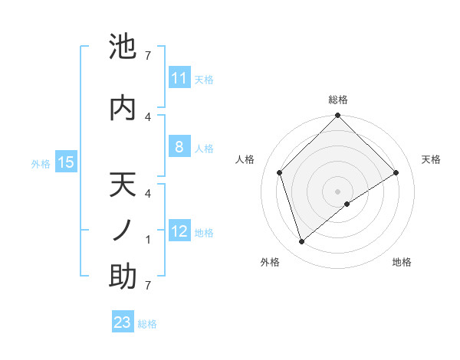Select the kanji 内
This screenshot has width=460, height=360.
123,107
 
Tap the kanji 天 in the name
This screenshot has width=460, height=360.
123,187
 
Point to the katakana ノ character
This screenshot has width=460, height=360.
123,231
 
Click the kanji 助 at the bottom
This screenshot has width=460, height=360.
123,277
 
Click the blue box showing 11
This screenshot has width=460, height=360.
179,78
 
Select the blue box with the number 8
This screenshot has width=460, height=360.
179,147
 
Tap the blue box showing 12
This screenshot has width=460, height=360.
179,231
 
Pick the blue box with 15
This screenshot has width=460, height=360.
66,162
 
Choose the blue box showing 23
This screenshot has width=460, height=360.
123,322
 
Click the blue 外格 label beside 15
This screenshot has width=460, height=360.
41,162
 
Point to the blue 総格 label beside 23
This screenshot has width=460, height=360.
147,323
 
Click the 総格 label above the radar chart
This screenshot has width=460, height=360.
338,100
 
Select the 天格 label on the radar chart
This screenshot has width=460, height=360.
432,159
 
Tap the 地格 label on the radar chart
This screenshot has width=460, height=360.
402,262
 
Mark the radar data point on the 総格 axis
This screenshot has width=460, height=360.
338,116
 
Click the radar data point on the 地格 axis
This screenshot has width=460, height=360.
347,203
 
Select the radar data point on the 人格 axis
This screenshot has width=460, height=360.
280,172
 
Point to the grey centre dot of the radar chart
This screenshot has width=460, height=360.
338,191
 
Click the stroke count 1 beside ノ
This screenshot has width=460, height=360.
148,240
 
